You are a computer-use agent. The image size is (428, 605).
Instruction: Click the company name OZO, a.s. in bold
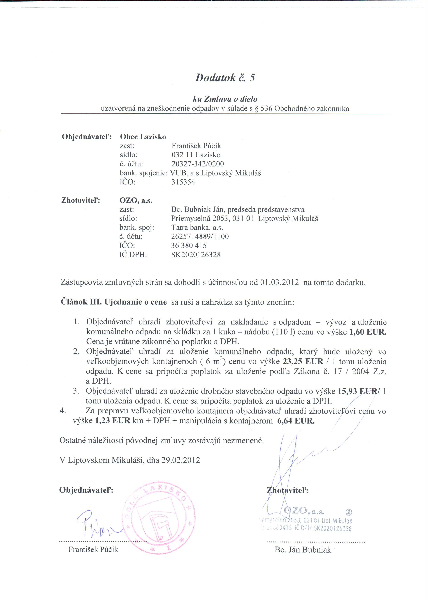point(136,200)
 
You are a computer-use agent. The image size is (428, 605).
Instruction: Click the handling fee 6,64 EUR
point(296,421)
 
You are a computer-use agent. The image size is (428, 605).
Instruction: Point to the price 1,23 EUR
point(112,421)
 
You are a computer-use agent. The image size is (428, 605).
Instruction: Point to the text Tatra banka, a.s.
point(197,227)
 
